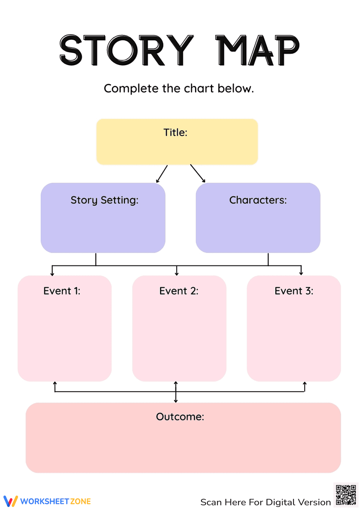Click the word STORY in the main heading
[126, 50]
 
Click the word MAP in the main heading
[257, 50]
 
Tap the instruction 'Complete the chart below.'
[179, 88]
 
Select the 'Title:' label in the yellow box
[175, 132]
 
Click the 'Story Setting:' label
[104, 200]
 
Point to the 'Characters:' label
[258, 200]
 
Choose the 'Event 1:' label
[62, 291]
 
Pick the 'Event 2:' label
[179, 291]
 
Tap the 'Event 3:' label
[294, 291]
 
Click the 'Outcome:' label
[180, 417]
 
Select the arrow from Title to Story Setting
[162, 174]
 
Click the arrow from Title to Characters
[198, 174]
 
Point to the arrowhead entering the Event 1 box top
[53, 273]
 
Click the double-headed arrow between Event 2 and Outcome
[176, 392]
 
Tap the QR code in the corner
[346, 495]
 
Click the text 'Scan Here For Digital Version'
[265, 502]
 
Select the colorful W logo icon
[10, 501]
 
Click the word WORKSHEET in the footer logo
[45, 501]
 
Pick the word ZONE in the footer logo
[80, 501]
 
